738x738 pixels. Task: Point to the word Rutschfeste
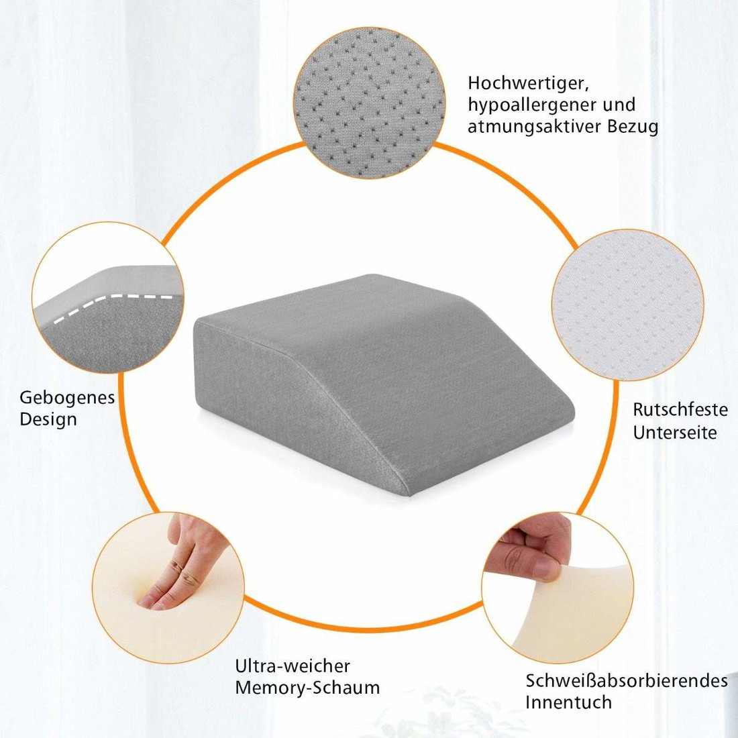tap(680, 409)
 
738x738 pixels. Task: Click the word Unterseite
tap(674, 432)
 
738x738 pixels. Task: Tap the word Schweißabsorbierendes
tap(627, 680)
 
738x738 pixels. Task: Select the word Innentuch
tap(568, 702)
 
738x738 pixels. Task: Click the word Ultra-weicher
tap(293, 666)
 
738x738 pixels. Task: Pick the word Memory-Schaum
tap(307, 688)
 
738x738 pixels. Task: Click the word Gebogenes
tap(67, 398)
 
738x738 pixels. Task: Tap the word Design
tap(48, 419)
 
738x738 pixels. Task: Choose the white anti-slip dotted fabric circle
tap(628, 305)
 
